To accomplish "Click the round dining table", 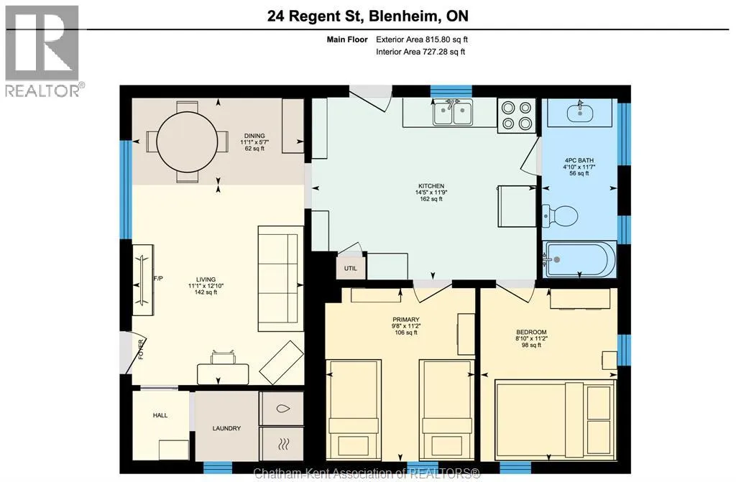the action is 187,142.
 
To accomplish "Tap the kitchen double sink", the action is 452,113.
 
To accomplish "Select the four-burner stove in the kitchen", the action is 516,116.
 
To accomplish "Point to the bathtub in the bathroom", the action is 579,259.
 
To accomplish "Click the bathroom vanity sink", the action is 581,112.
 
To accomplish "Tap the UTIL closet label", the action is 351,269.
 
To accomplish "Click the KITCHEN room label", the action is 431,186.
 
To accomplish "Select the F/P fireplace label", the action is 158,278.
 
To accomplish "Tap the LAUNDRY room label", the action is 226,428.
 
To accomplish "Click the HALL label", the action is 160,415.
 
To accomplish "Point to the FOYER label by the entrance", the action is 141,350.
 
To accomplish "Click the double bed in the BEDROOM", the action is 556,420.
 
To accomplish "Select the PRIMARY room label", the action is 406,320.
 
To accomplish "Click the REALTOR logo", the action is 42,51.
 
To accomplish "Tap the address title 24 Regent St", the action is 316,17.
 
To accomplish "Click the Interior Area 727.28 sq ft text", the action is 420,52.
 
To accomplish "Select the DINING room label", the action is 254,136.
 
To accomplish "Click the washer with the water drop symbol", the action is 282,409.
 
